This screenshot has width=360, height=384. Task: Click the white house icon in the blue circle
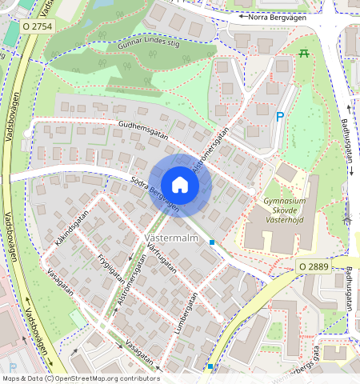point(180,185)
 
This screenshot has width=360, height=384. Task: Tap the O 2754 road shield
point(38,26)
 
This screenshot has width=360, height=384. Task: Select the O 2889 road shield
point(314,266)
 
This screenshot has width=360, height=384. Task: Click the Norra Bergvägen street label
point(278,16)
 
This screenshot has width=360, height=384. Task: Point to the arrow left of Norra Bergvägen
point(241,16)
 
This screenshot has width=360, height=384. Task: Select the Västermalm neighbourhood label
point(172,238)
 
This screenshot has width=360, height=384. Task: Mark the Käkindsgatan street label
point(70,231)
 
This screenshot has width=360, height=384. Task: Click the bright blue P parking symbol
point(279,117)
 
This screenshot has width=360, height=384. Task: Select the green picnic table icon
point(304,53)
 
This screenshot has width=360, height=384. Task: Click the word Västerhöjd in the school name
point(285,226)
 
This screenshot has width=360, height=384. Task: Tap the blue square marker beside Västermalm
point(212,242)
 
